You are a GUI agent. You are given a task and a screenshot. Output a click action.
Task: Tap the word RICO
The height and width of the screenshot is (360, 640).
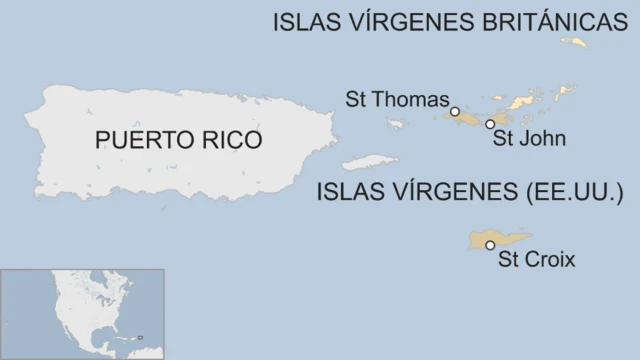[x=229, y=140]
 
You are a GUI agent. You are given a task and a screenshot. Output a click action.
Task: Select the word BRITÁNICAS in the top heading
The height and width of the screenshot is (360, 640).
[x=540, y=23]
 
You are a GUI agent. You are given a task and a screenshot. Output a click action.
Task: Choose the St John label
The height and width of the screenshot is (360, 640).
[x=529, y=139]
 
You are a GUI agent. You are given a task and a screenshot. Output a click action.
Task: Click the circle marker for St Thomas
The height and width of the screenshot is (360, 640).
[x=455, y=111]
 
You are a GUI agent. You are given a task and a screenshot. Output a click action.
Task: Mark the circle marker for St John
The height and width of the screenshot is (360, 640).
[x=489, y=124]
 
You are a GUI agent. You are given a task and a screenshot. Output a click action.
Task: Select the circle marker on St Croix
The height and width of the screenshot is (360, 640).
[x=490, y=245]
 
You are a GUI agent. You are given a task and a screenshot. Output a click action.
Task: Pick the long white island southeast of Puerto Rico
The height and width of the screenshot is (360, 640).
[x=369, y=161]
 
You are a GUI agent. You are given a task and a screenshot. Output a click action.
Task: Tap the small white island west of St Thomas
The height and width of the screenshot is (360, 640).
[x=397, y=124]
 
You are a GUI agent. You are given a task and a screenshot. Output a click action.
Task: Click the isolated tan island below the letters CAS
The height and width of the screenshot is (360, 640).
[x=575, y=42]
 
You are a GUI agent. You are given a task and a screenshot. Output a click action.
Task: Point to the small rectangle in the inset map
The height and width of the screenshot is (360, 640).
[x=141, y=337]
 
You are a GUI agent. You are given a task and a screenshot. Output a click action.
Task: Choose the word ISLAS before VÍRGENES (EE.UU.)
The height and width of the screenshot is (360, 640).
[x=348, y=190]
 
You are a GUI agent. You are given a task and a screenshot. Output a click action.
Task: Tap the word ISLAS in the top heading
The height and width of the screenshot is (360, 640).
[x=304, y=23]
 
